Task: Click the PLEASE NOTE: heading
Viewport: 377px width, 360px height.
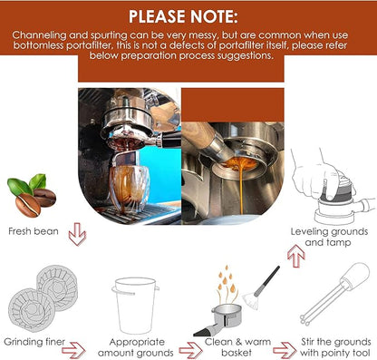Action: coord(183,16)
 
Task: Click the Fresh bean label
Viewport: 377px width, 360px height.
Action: coord(34,231)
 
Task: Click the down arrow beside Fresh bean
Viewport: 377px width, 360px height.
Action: coord(77,234)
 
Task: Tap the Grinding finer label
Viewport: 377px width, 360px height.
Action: coord(34,342)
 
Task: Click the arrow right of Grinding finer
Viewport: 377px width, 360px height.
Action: coord(73,351)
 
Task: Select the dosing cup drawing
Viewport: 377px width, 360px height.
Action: coord(135,305)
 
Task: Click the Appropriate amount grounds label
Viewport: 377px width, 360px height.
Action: coord(136,347)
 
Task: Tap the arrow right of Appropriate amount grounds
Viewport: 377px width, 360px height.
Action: coord(190,351)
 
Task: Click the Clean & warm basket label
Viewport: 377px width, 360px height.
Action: coord(237,347)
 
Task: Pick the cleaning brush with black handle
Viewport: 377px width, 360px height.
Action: coord(261,288)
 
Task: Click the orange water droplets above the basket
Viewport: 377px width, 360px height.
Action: coord(226,279)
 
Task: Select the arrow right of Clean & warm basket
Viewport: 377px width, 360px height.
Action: coord(285,351)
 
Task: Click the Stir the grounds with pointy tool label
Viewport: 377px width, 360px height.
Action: coord(335,347)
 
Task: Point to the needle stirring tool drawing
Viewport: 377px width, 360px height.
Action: coord(335,294)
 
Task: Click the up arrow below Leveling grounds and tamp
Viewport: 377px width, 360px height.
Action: coord(296,256)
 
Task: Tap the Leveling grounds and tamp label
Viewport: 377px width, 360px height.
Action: coord(329,237)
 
